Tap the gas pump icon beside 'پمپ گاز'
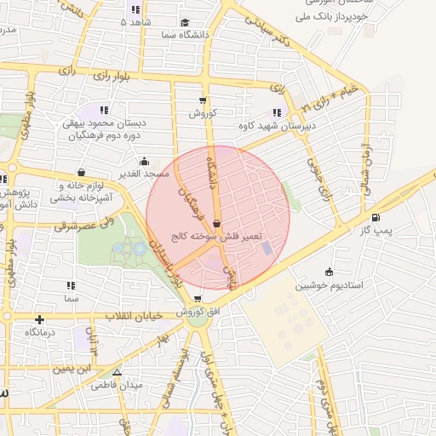tap(376, 217)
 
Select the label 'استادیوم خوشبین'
tap(330, 285)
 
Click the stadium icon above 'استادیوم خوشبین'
tap(329, 272)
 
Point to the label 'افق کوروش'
tap(203, 313)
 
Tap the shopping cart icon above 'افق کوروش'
tap(198, 299)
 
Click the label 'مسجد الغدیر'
tap(145, 173)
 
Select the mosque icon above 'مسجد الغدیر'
tap(145, 160)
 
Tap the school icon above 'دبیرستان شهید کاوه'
tap(276, 112)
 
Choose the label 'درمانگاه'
tap(39, 332)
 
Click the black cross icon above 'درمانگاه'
tap(39, 319)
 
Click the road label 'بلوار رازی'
tap(108, 76)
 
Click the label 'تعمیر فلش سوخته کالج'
tap(218, 236)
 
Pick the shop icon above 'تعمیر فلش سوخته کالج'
tap(217, 224)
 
